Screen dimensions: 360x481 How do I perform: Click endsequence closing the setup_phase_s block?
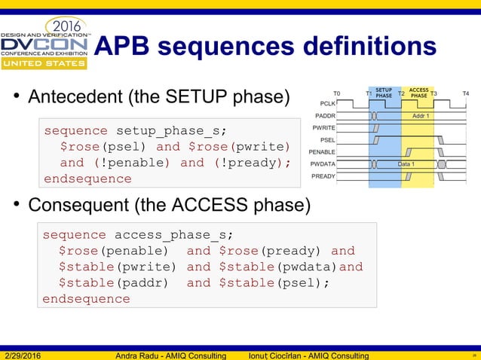click(87, 179)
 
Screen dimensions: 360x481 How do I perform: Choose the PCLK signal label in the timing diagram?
click(327, 104)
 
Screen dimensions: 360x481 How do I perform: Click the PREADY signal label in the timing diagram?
click(323, 175)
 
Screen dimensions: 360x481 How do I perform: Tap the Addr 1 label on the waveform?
click(421, 116)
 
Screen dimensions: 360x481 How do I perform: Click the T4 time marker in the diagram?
click(465, 94)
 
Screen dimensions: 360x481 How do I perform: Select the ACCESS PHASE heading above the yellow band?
click(418, 93)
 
